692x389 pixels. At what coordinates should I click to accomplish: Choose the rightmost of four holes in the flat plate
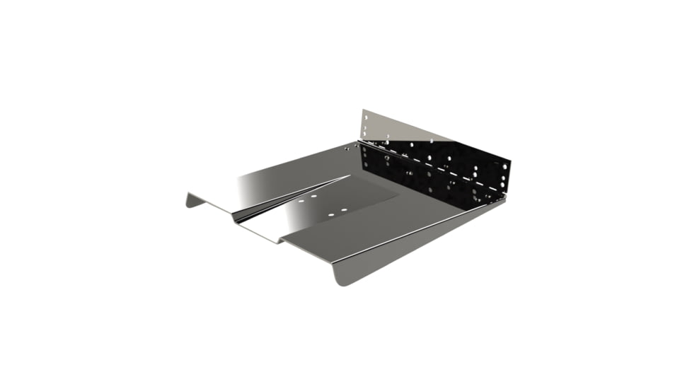coord(344,210)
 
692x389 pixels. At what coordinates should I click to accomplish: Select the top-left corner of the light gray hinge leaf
coord(363,110)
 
